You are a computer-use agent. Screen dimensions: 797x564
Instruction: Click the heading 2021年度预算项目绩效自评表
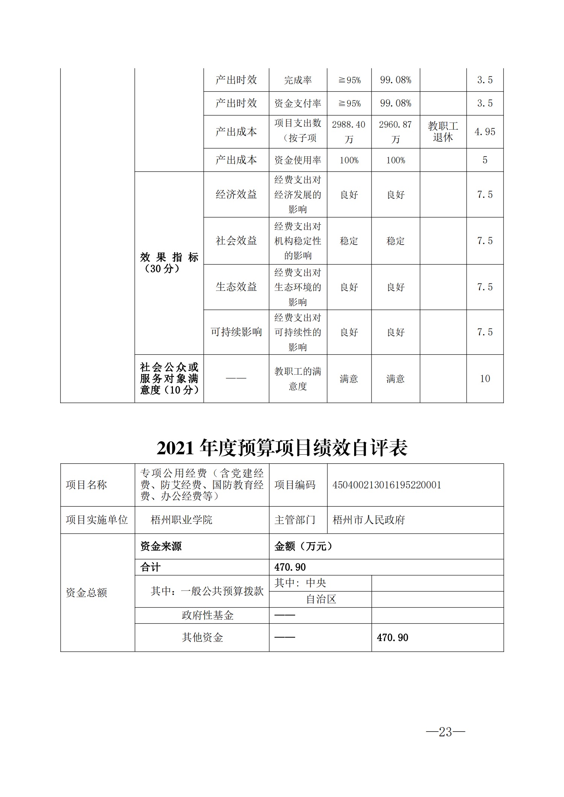point(282,448)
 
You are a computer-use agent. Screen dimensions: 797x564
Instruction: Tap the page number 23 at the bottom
point(445,732)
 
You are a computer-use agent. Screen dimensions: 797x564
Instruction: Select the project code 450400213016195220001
point(387,485)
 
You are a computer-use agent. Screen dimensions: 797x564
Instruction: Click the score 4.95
point(485,132)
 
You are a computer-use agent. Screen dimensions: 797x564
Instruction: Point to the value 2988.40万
point(349,132)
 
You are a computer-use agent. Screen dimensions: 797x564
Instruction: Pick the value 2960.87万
point(395,132)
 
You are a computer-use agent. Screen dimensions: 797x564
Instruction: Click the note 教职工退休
point(443,132)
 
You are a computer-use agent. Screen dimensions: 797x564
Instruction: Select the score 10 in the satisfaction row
point(485,379)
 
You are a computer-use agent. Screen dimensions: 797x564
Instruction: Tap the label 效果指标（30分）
point(169,263)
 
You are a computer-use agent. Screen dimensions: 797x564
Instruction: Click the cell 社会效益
point(236,241)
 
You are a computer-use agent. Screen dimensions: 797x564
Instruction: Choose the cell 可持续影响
point(236,332)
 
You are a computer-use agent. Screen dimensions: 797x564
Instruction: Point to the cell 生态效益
point(236,287)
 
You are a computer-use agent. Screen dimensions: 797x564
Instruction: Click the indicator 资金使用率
point(298,160)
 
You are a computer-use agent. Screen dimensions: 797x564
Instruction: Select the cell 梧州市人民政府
point(368,520)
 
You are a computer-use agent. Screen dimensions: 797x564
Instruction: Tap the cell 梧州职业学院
point(181,520)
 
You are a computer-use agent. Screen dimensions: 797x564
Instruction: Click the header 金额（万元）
point(303,546)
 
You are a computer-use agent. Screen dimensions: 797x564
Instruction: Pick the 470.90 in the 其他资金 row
point(392,638)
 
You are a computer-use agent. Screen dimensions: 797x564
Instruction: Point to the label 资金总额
point(86,593)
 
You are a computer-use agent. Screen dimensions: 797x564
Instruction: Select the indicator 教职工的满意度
point(298,379)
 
